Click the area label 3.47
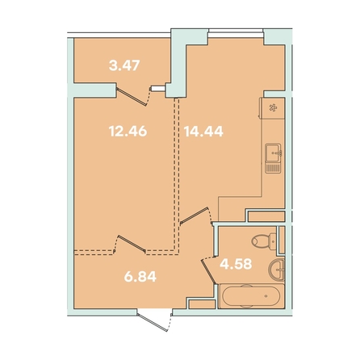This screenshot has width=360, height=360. (124, 65)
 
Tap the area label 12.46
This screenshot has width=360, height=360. (128, 132)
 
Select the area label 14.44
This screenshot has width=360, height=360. (203, 132)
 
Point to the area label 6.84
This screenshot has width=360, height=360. (140, 277)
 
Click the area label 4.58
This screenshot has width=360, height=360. (236, 264)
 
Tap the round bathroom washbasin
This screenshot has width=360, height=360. (276, 270)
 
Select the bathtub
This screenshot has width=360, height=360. (251, 296)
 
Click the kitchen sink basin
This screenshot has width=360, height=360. (274, 153)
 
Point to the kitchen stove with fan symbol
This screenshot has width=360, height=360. (272, 108)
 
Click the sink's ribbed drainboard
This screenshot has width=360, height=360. (274, 168)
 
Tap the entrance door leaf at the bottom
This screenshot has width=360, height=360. (153, 322)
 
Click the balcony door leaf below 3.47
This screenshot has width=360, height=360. (132, 95)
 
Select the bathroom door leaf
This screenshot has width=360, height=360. (209, 271)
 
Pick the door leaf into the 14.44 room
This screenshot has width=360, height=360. (195, 216)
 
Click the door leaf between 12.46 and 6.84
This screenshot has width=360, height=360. (132, 244)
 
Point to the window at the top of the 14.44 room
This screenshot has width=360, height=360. (236, 31)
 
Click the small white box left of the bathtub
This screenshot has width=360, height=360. (203, 303)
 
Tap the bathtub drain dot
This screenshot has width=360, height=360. (266, 296)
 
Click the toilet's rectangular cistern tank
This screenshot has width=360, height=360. (273, 241)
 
